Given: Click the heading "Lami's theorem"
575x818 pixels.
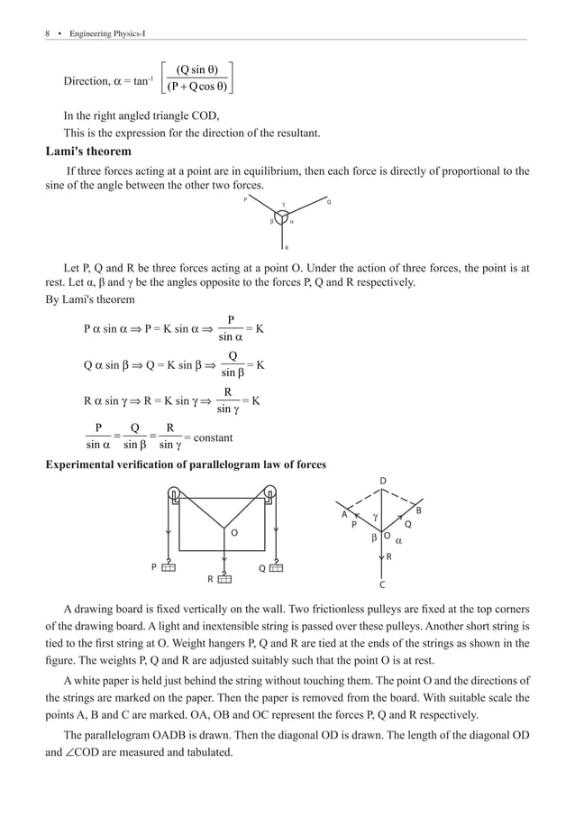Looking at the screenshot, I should pyautogui.click(x=88, y=152).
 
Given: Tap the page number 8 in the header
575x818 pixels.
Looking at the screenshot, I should pyautogui.click(x=47, y=33).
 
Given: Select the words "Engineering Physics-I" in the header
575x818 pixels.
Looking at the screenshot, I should pyautogui.click(x=107, y=33).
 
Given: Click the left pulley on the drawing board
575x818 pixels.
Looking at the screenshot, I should pyautogui.click(x=173, y=494).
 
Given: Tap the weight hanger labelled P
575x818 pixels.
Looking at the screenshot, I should pyautogui.click(x=168, y=567).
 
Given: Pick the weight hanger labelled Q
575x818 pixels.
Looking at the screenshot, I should pyautogui.click(x=275, y=567).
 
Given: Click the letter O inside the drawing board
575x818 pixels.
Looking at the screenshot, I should pyautogui.click(x=233, y=533).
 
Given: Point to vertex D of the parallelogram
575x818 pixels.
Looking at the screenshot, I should pyautogui.click(x=382, y=479).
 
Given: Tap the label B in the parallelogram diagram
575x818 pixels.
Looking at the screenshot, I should pyautogui.click(x=419, y=511).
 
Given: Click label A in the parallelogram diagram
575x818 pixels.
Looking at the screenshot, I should pyautogui.click(x=343, y=514).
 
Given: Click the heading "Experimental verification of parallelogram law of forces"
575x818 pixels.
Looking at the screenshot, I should pyautogui.click(x=186, y=464).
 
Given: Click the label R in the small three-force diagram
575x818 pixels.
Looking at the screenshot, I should pyautogui.click(x=286, y=247).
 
